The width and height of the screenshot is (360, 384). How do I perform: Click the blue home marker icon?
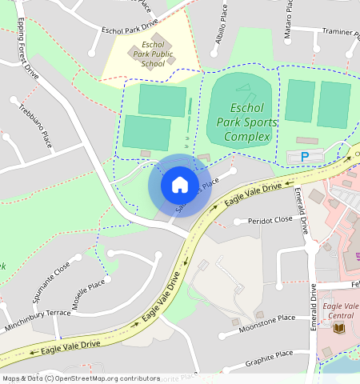(180, 185)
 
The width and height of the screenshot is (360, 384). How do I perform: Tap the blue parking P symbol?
(304, 156)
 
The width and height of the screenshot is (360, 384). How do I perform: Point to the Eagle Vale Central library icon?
(338, 328)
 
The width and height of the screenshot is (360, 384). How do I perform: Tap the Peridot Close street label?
(270, 220)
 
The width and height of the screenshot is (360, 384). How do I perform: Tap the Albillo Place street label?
(210, 33)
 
